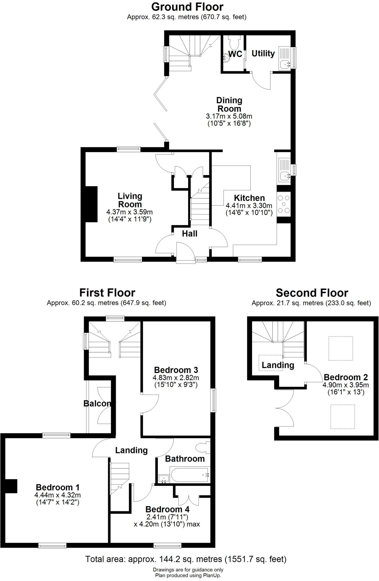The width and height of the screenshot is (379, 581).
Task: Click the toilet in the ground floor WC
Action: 235,43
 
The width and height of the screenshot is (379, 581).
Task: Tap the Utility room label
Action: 263,53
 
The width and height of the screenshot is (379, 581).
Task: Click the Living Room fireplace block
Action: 91,204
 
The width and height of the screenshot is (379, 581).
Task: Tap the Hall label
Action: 190,234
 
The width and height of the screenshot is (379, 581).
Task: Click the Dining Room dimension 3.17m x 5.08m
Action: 229,116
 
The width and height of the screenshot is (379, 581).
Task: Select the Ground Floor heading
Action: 187,7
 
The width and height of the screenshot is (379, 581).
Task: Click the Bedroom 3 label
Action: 176,370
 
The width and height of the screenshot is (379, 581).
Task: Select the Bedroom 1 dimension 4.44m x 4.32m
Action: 58,495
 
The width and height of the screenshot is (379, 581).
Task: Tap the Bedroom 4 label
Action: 167,509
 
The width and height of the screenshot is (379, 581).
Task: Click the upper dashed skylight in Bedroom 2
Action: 340,348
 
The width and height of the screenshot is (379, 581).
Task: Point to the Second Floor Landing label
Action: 278,365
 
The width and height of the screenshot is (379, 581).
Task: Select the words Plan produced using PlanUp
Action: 188,576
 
